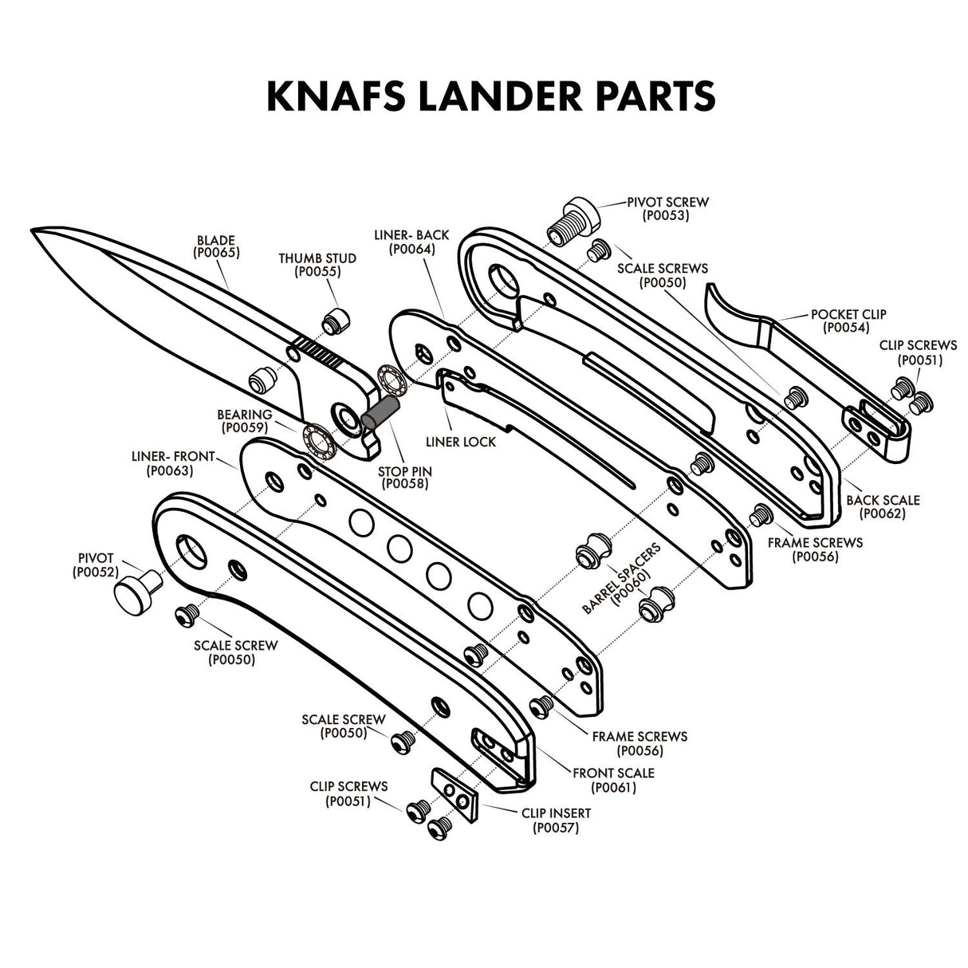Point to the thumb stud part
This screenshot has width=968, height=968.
coord(335,321)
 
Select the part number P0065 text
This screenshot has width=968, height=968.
coord(216,253)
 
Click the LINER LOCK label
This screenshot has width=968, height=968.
coord(461,442)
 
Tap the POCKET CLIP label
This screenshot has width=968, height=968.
coord(848,314)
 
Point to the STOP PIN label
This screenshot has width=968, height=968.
coord(405,471)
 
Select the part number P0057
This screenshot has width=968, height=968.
coord(556,828)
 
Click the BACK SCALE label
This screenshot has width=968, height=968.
coord(883,500)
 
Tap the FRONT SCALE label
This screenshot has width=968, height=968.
coord(613,773)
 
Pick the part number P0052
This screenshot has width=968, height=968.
coord(96,572)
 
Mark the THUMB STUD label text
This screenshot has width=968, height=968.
coord(317,258)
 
